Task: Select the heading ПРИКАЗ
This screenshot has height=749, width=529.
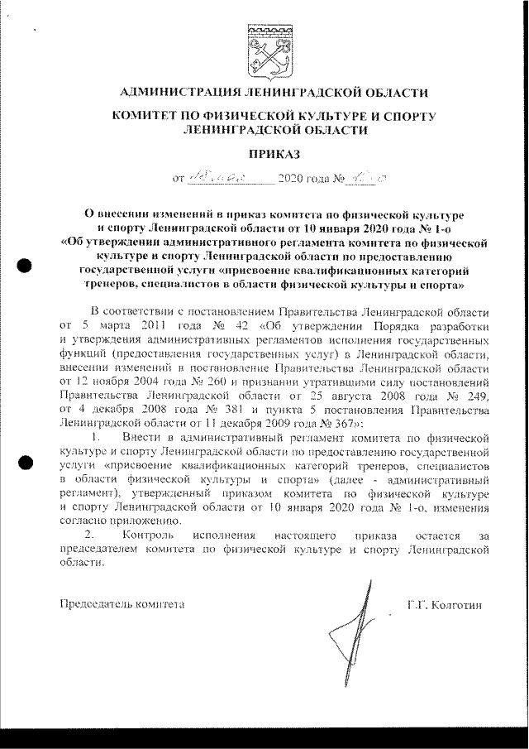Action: point(264,154)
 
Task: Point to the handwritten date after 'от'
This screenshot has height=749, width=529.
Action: point(219,177)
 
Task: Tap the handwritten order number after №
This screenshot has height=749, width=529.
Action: point(342,176)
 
